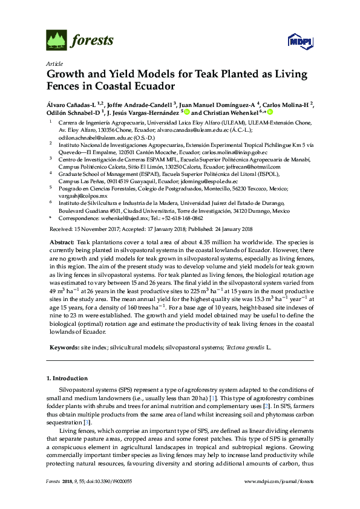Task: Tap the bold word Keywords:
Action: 64,348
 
